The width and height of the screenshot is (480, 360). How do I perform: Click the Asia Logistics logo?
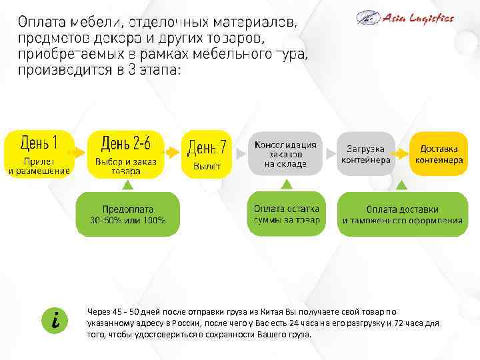tap(405, 18)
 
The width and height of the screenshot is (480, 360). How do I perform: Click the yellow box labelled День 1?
tap(39, 153)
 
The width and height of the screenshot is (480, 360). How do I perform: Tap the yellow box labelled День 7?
tap(207, 153)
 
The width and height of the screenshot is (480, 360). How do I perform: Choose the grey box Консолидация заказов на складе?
tap(285, 153)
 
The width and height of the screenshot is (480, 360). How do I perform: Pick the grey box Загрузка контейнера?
tap(366, 153)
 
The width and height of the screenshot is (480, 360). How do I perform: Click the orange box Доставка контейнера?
tap(438, 153)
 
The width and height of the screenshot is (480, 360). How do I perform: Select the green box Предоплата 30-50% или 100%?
tap(128, 213)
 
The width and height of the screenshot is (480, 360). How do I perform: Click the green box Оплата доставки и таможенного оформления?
tap(403, 213)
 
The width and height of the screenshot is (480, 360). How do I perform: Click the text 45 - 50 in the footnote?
tap(123, 311)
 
